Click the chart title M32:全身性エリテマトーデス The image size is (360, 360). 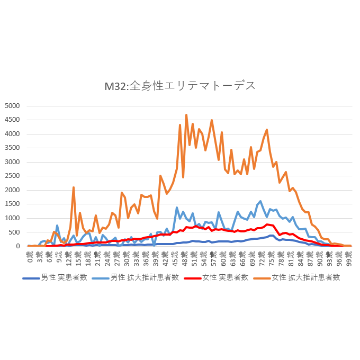180,85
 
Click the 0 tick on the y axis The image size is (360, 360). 17,246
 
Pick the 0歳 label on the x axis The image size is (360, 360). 30,257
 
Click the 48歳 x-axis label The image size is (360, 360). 185,257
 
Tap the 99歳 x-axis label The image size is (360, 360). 348,257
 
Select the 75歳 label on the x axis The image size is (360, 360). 272,257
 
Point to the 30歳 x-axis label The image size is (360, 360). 127,257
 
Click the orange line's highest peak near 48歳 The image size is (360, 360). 186,114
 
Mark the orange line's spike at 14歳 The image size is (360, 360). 74,187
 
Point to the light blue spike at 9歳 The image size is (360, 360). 57,226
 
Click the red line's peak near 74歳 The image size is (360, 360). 267,224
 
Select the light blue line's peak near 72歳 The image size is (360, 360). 260,201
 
